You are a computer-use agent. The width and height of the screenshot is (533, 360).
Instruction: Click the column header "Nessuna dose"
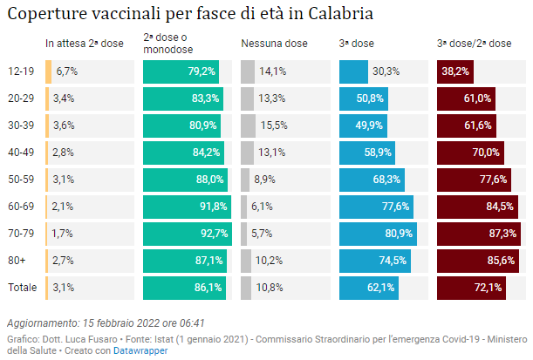(x=274, y=43)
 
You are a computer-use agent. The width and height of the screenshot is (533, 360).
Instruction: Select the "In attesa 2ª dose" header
(x=85, y=43)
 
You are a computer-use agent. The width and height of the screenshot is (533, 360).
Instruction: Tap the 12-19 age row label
(x=21, y=71)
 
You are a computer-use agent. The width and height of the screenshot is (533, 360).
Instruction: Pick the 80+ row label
(x=17, y=260)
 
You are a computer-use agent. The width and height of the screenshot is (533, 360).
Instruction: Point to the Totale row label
(x=23, y=287)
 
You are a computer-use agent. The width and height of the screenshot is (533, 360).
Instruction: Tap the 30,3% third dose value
(x=386, y=71)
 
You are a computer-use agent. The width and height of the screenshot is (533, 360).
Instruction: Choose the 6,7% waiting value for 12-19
(x=67, y=71)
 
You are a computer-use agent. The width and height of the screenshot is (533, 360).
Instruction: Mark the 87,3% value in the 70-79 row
(x=500, y=233)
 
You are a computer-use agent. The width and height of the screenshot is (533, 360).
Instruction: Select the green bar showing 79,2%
(x=181, y=71)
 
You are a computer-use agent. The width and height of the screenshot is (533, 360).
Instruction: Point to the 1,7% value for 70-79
(x=65, y=233)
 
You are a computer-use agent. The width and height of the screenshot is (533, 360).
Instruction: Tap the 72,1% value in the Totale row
(x=487, y=287)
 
